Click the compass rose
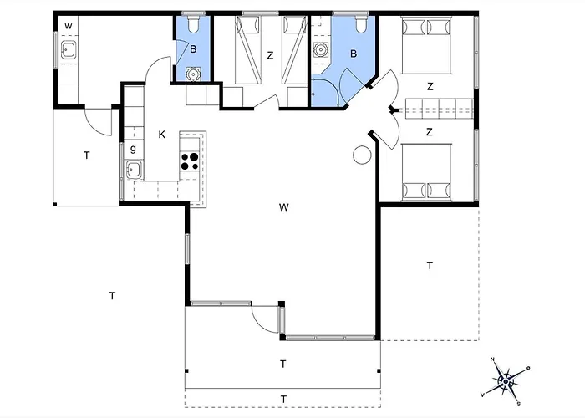(x=506, y=381)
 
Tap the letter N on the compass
(x=492, y=359)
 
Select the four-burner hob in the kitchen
(x=190, y=161)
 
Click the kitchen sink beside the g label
(x=133, y=170)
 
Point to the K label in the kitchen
(x=161, y=135)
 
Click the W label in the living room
(x=283, y=207)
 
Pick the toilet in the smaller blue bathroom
(x=193, y=23)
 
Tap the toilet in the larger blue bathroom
(x=361, y=23)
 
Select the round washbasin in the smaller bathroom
(x=193, y=74)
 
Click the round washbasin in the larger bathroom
(x=320, y=49)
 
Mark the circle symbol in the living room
(x=362, y=155)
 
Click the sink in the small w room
(x=69, y=49)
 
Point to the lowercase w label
(x=69, y=26)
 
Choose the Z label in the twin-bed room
(x=270, y=56)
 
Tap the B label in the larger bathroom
(x=354, y=54)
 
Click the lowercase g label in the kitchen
(x=133, y=149)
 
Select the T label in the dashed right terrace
(x=430, y=266)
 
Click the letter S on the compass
(x=519, y=404)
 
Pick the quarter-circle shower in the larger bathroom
(x=325, y=92)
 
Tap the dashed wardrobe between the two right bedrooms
(x=439, y=109)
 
